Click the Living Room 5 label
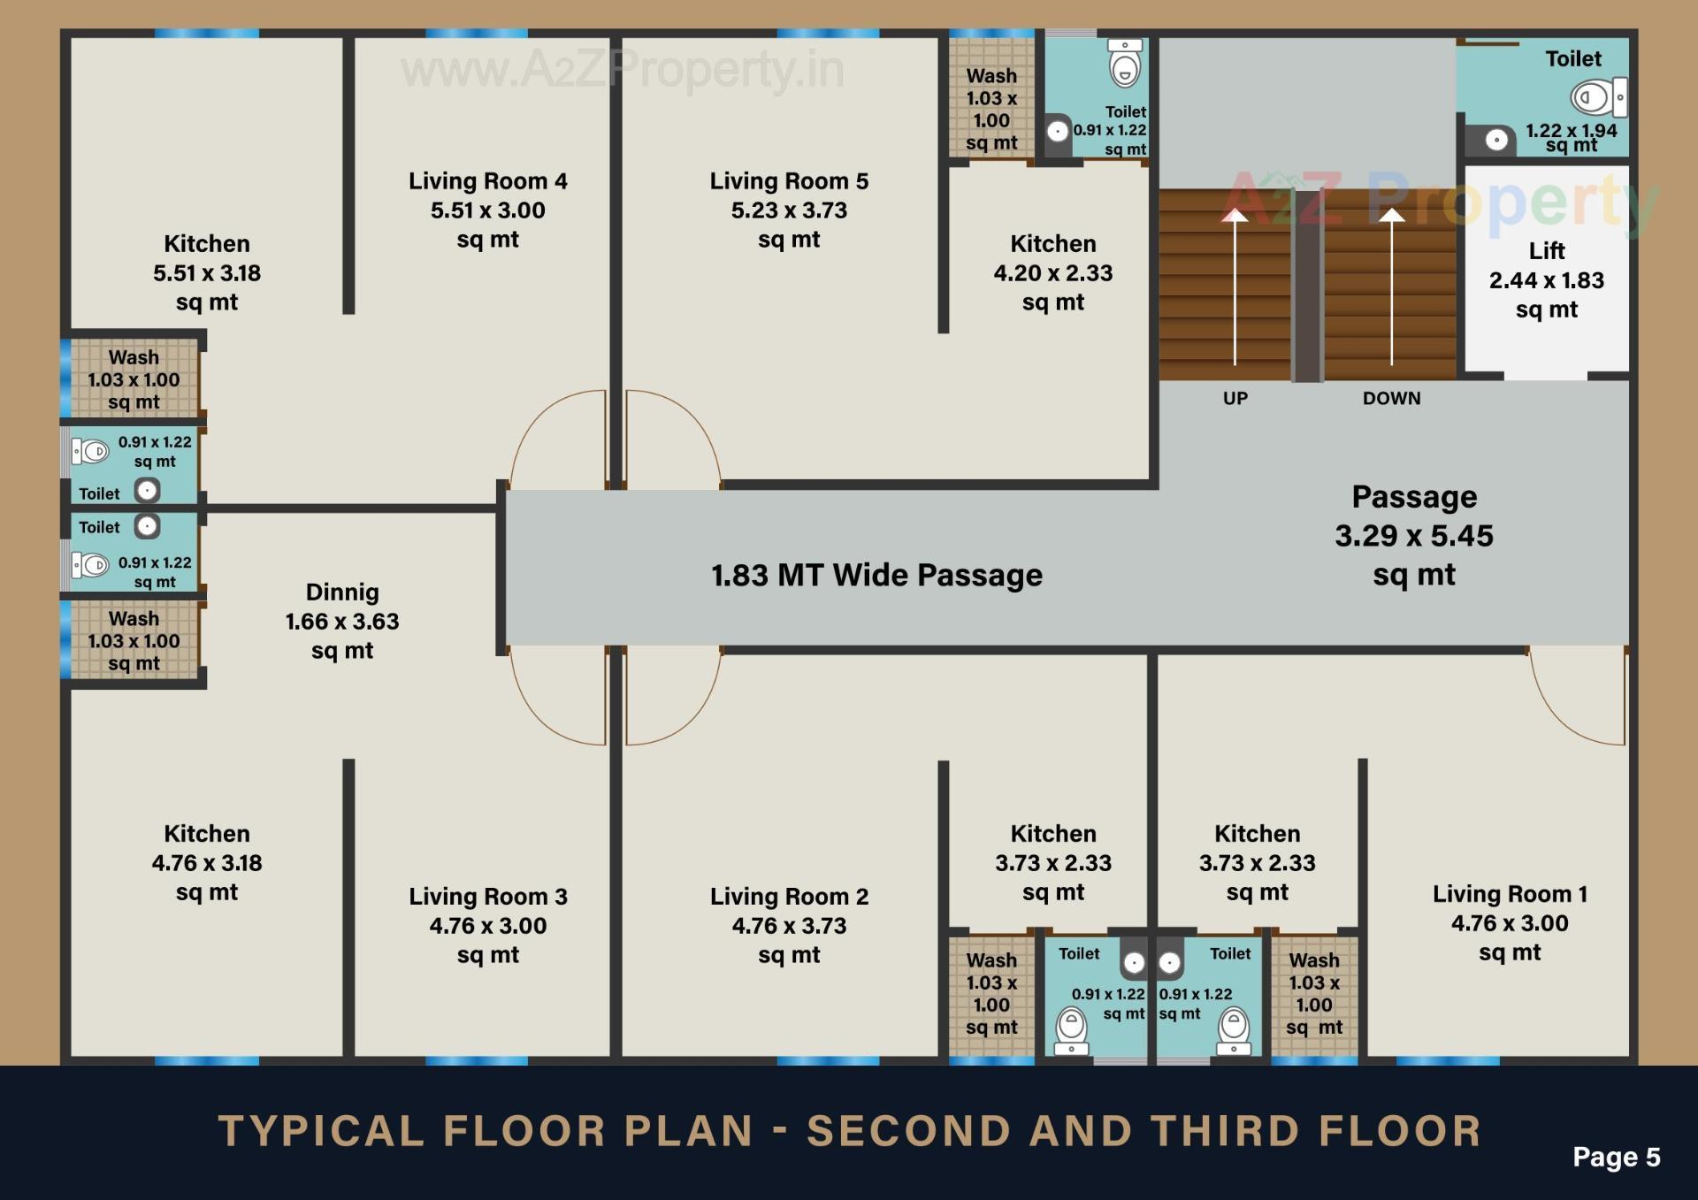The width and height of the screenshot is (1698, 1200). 789,210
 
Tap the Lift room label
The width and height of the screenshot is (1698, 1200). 1546,279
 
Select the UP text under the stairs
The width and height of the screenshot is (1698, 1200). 1235,398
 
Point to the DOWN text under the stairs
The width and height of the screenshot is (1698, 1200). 1391,398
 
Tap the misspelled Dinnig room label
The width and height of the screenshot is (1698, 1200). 342,621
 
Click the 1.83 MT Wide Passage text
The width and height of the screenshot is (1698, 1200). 876,575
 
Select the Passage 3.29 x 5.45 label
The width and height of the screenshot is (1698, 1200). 1413,535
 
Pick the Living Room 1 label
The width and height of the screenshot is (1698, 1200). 1510,922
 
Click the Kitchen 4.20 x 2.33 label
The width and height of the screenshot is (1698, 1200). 1052,272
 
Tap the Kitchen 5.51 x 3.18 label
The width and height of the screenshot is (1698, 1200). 207,272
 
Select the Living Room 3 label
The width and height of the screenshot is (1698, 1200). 488,925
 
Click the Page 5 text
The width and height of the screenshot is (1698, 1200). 1616,1157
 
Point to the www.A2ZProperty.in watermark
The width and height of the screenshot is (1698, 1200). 622,70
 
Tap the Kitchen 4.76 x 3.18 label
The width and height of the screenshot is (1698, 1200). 207,862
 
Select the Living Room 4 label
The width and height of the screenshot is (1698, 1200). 488,210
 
